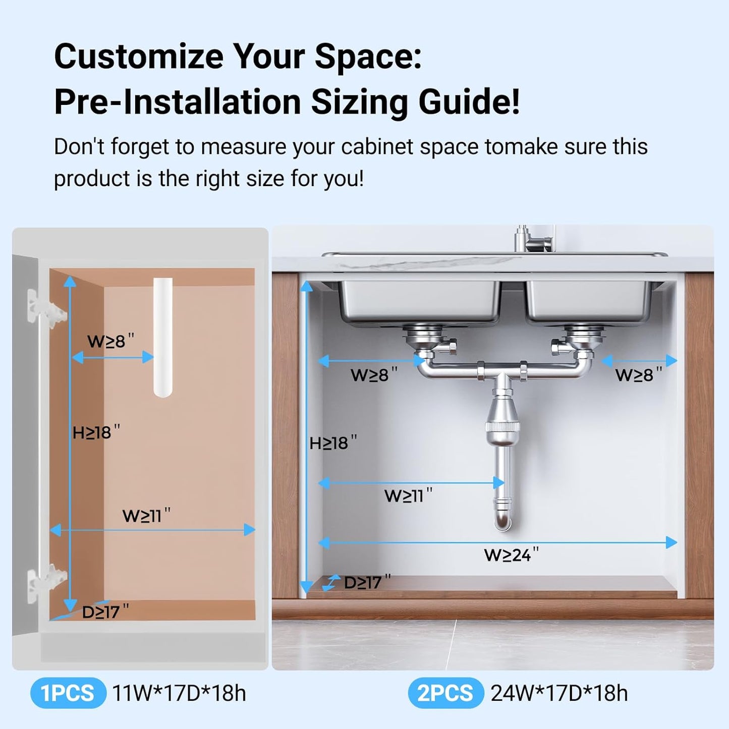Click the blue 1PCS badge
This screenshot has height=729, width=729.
[x=68, y=693]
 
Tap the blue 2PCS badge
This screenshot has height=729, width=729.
[x=445, y=693]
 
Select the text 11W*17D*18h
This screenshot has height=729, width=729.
[x=179, y=693]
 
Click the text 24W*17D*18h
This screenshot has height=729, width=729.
[x=559, y=693]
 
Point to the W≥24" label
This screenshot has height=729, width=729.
[x=511, y=555]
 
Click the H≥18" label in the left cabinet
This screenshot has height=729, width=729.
[x=96, y=432]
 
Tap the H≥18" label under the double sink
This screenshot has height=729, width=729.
[x=332, y=443]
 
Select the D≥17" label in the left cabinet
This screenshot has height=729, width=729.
[x=105, y=611]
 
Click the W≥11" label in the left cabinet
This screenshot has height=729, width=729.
[x=146, y=516]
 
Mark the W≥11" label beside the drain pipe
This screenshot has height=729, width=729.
[x=408, y=495]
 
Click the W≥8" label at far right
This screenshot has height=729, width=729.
[x=638, y=375]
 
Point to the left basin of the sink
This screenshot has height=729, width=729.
[x=419, y=300]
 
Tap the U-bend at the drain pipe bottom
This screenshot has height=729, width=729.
[x=502, y=517]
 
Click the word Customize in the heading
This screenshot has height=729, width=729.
[x=139, y=57]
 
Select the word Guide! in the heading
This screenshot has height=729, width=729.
[x=469, y=102]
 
